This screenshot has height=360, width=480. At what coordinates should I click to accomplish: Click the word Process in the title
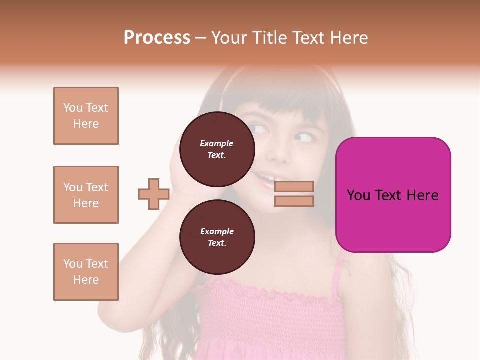(157, 38)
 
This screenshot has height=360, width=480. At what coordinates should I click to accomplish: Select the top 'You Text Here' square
(86, 116)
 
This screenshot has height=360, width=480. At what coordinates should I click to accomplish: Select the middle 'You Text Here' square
(86, 195)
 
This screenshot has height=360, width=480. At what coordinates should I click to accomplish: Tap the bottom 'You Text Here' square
(86, 272)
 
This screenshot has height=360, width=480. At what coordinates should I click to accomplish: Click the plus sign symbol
(153, 194)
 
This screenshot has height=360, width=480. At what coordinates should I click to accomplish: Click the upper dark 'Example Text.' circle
(217, 149)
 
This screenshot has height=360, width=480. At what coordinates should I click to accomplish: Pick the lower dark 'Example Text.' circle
(217, 237)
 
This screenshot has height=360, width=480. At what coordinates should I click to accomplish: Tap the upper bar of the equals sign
(294, 186)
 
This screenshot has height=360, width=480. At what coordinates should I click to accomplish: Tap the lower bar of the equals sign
(294, 201)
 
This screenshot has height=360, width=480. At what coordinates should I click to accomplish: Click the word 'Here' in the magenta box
(422, 195)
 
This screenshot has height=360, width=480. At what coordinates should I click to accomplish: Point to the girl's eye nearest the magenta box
(304, 137)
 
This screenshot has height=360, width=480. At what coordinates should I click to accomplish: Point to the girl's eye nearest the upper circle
(259, 129)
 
